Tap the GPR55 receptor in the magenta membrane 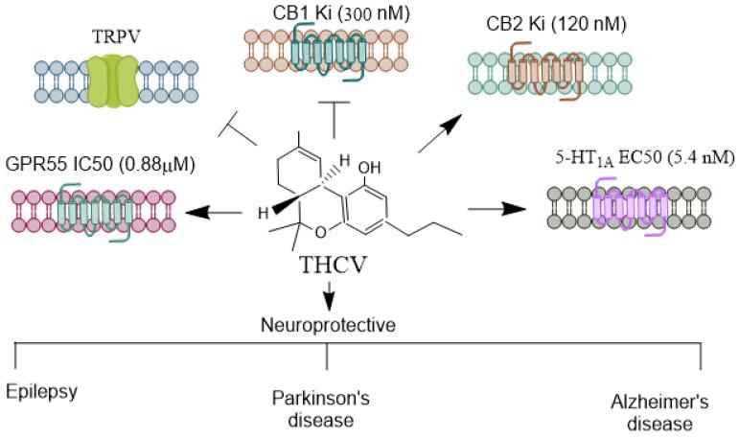click(x=91, y=209)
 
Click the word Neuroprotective click(x=329, y=322)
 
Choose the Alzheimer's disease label click(x=659, y=412)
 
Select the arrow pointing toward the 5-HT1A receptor click(x=497, y=208)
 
